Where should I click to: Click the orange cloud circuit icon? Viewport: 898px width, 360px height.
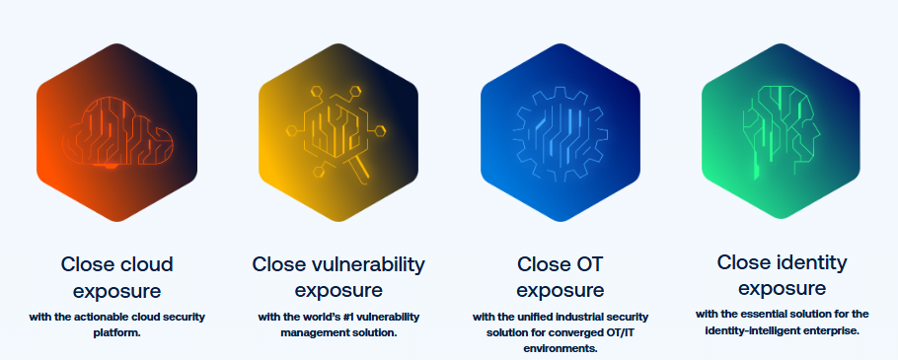coord(117,132)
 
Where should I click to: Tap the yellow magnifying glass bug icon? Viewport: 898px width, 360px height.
coord(337,134)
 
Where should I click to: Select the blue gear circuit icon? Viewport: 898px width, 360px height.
coord(561,136)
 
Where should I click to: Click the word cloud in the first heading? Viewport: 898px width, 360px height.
coord(146,264)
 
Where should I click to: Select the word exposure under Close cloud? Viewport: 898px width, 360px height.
coord(116,291)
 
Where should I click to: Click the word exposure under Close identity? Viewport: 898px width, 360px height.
coord(782,288)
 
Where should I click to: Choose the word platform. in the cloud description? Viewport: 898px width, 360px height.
coord(116,332)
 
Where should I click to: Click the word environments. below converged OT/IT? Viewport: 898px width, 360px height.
coord(561,348)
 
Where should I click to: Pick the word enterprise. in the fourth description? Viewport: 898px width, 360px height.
coord(832,330)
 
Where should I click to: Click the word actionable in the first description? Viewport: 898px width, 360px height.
coord(106,317)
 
